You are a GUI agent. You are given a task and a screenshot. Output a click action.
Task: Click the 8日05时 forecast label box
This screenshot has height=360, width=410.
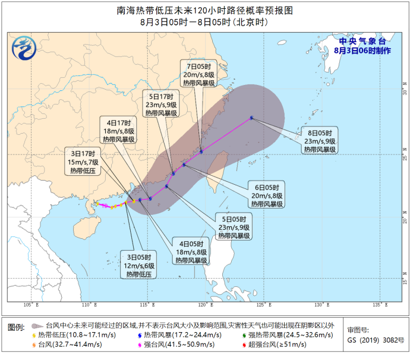click(321, 141)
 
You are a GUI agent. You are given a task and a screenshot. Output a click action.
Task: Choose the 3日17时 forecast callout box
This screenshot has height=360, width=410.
click(84, 162)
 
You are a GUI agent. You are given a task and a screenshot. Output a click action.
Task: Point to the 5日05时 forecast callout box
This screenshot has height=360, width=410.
click(233, 228)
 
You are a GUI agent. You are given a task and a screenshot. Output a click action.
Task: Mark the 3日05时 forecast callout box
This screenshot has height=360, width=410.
click(140, 266)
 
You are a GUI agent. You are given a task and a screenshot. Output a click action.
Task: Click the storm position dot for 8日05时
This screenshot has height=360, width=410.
click(251, 118)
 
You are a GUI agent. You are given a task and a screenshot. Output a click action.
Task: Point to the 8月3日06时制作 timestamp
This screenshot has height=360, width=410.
click(362, 50)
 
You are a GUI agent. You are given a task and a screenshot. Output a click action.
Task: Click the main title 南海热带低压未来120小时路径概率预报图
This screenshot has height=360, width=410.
click(205, 11)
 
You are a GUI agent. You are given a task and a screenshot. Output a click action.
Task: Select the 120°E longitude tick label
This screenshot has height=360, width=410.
click(205, 305)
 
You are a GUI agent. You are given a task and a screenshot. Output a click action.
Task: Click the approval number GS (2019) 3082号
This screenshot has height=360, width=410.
click(374, 340)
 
